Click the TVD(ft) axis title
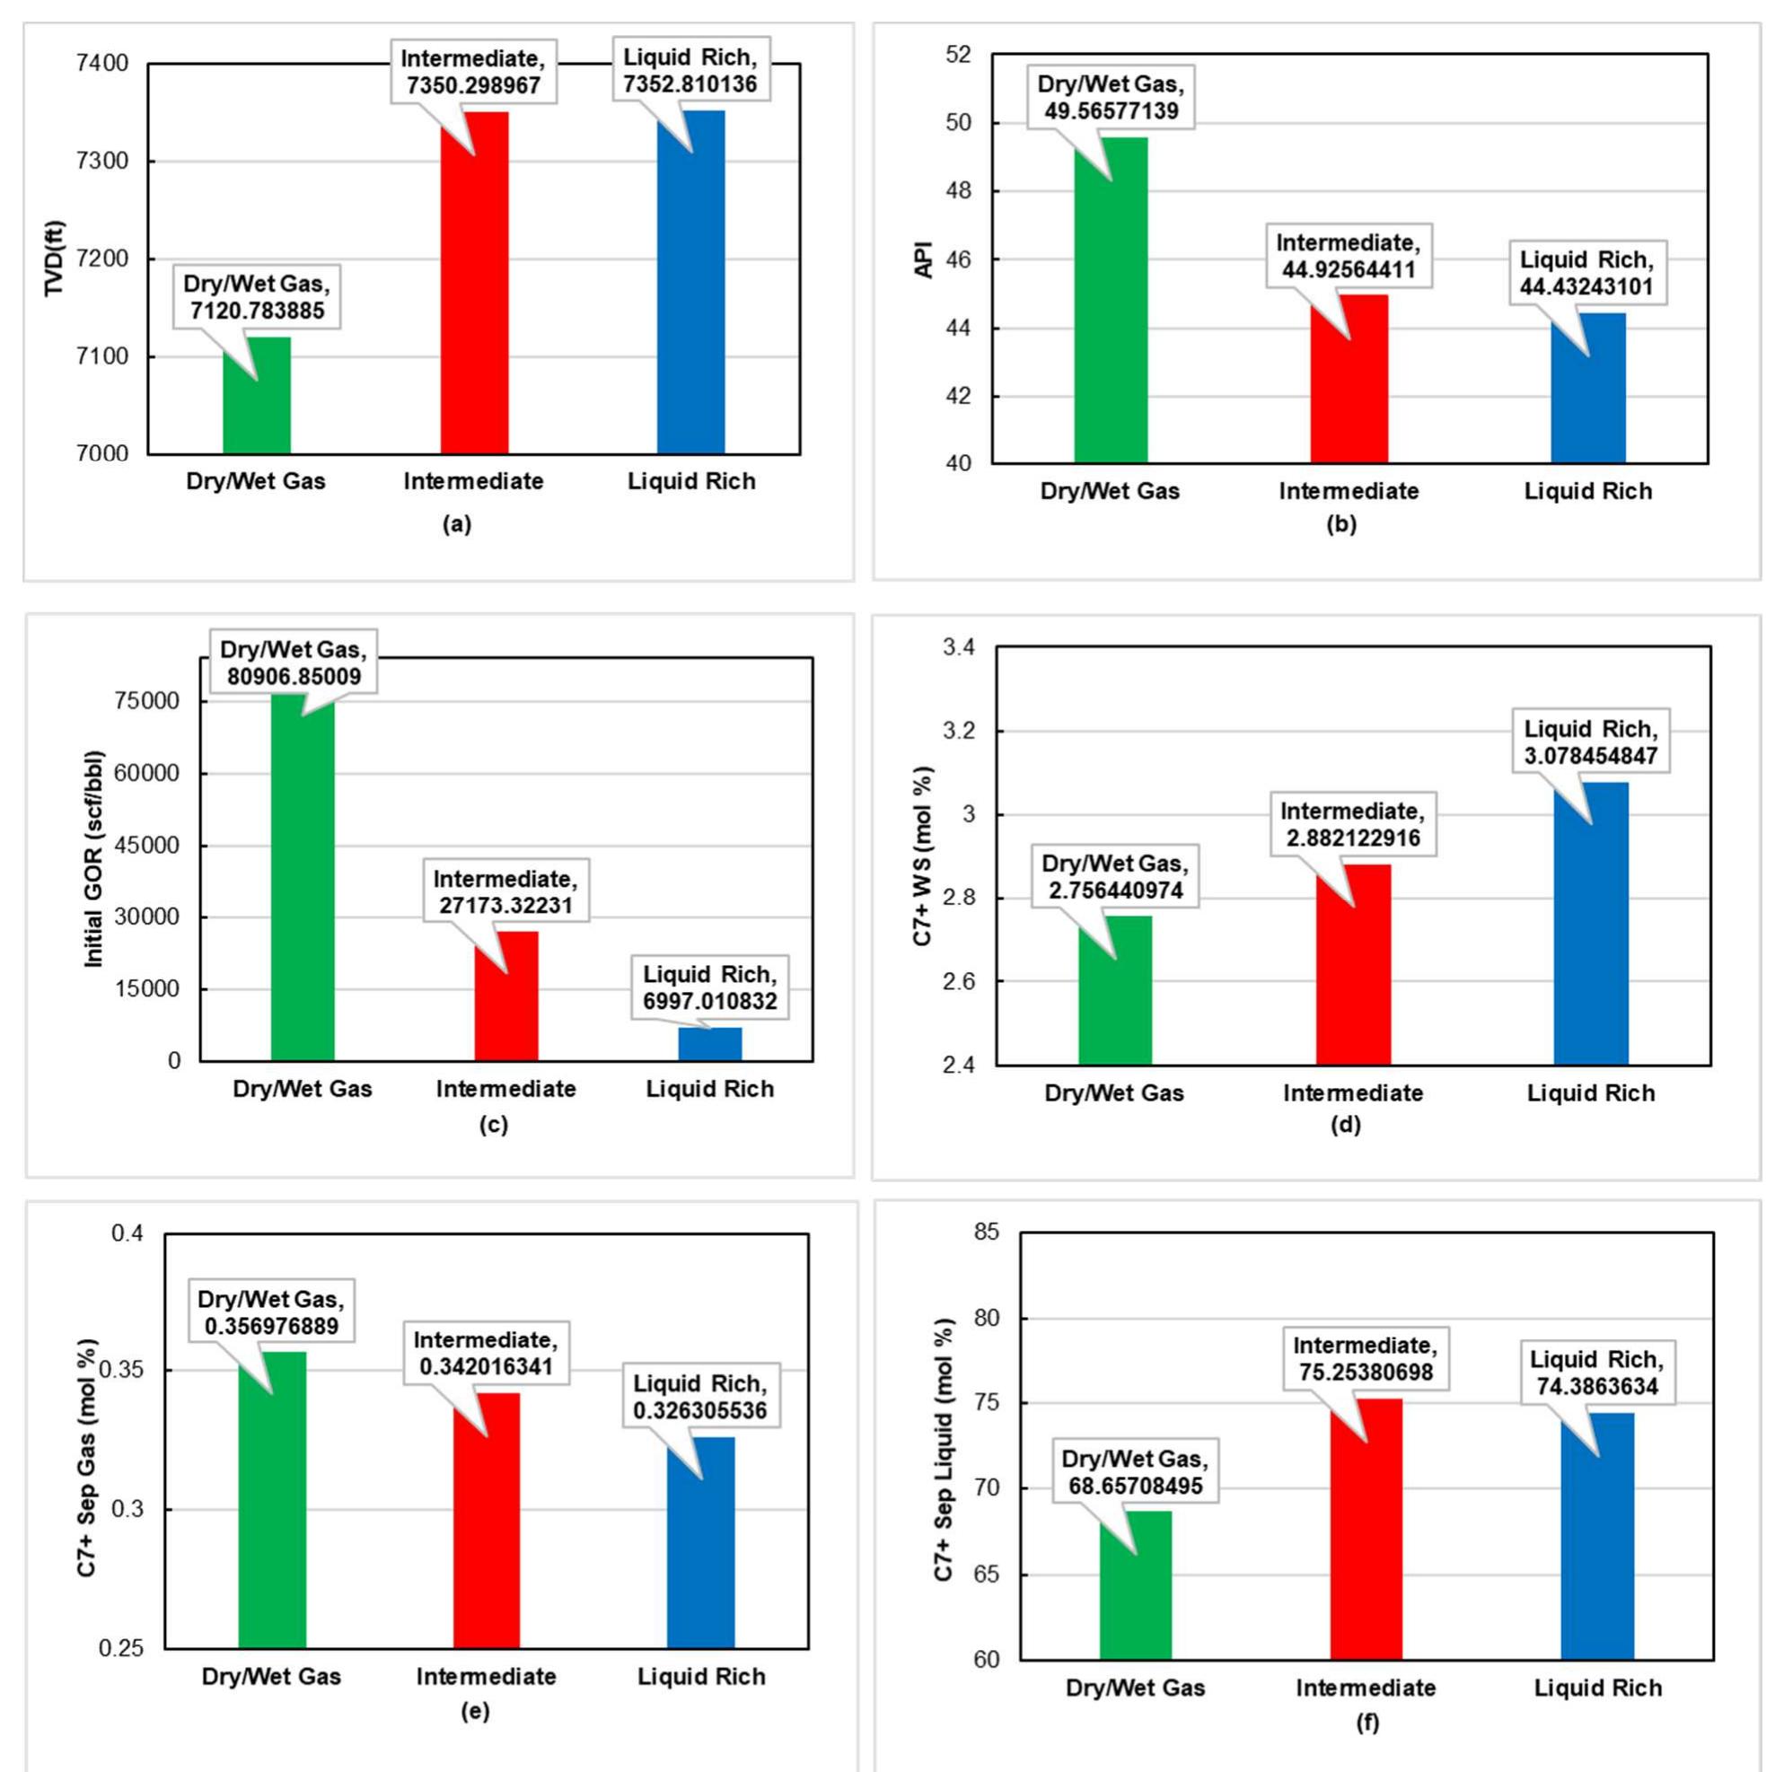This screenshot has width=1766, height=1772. pyautogui.click(x=56, y=259)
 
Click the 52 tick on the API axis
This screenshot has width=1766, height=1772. pyautogui.click(x=957, y=55)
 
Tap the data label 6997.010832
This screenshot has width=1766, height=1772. pyautogui.click(x=709, y=987)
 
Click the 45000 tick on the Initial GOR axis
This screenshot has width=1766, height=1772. pyautogui.click(x=148, y=845)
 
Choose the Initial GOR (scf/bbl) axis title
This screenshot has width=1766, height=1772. pyautogui.click(x=93, y=858)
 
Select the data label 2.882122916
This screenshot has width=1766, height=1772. pyautogui.click(x=1352, y=825)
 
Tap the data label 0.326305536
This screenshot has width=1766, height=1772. pyautogui.click(x=700, y=1396)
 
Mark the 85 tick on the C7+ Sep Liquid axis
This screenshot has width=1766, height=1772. pyautogui.click(x=987, y=1232)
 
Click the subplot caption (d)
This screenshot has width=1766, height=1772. pyautogui.click(x=1345, y=1125)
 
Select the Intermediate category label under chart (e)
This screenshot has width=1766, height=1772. pyautogui.click(x=487, y=1677)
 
